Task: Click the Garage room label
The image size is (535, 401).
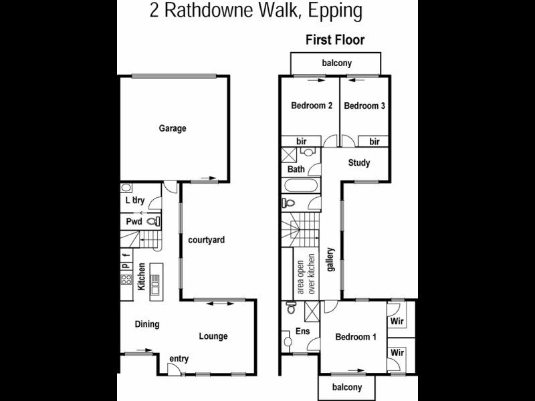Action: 173,128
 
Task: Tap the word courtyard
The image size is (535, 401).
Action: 207,240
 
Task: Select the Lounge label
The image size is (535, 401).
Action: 213,336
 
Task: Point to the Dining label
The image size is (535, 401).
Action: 147,324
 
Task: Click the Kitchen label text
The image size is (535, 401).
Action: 141,277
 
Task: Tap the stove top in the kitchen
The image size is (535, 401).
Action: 126,279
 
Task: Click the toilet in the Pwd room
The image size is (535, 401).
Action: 153,222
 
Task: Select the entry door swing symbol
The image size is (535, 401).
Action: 173,369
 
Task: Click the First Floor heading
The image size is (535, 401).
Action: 335,40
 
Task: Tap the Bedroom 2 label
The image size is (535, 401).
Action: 312,106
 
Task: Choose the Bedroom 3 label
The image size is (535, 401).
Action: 364,106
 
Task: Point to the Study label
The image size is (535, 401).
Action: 359,162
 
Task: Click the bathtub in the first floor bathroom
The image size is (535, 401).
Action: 301,186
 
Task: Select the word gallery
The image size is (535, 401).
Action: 330,259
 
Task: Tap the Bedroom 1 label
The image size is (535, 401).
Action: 356,337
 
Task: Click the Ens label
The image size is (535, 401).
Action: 303,331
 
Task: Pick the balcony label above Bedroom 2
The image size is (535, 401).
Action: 337,63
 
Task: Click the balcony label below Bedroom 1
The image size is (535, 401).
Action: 347,388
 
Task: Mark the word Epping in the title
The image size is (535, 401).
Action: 335,11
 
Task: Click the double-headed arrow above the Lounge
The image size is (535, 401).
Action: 221,303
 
